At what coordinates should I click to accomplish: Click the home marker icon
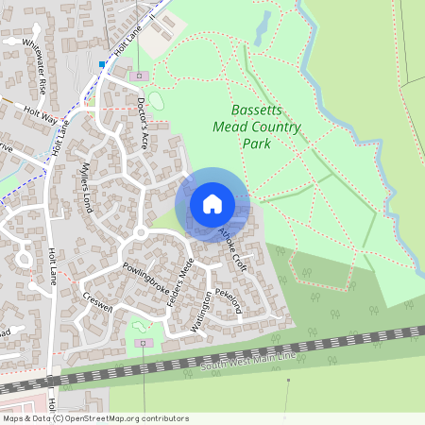tap(212, 203)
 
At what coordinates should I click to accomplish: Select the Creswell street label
tap(97, 300)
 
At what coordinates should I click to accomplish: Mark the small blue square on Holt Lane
tap(102, 64)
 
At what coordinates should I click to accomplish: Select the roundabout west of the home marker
tap(140, 232)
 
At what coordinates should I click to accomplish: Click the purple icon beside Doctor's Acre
tap(140, 75)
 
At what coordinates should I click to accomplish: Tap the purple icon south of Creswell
tap(144, 342)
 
